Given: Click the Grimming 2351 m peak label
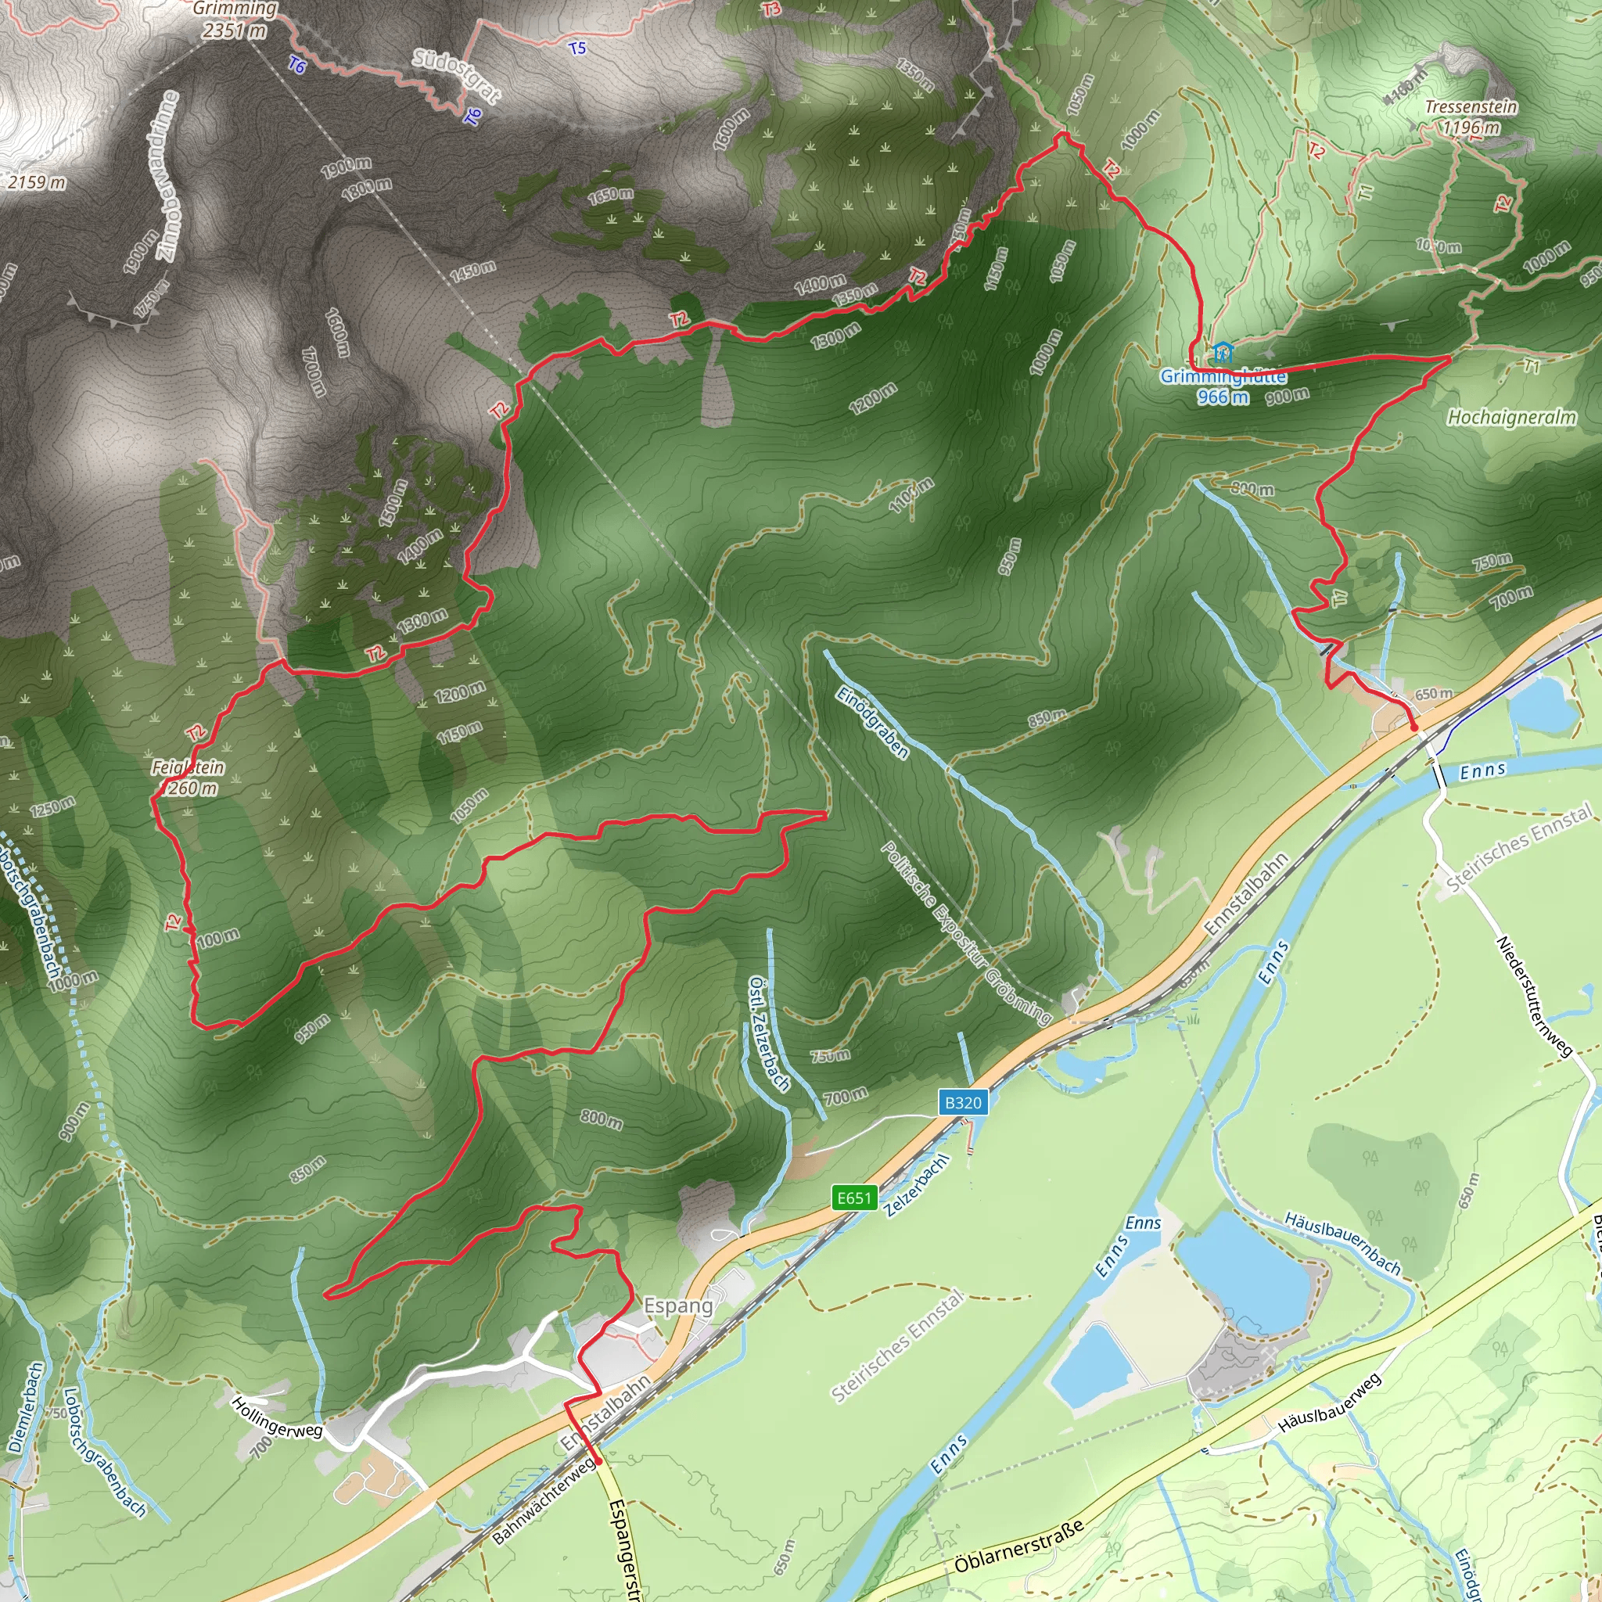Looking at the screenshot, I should point(235,20).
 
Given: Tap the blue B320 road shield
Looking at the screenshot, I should point(963,1103).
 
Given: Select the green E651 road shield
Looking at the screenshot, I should point(854,1198).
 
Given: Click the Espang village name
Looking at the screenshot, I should point(678,1306).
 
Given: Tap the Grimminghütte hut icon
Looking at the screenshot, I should point(1220,354).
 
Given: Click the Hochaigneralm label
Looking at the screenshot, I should point(1511,417).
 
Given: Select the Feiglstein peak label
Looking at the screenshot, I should point(189,777).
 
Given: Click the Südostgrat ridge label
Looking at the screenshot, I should point(457,75).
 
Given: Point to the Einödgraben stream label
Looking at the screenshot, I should point(872,722).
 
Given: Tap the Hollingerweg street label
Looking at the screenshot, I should point(276,1417).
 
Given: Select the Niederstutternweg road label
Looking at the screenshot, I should point(1533,997).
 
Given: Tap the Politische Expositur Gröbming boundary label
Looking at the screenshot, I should point(966,933).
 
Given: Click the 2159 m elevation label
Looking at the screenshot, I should point(37,181).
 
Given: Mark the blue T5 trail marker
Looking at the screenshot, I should point(577,48).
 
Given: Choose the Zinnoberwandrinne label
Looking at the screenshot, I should point(163,176).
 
